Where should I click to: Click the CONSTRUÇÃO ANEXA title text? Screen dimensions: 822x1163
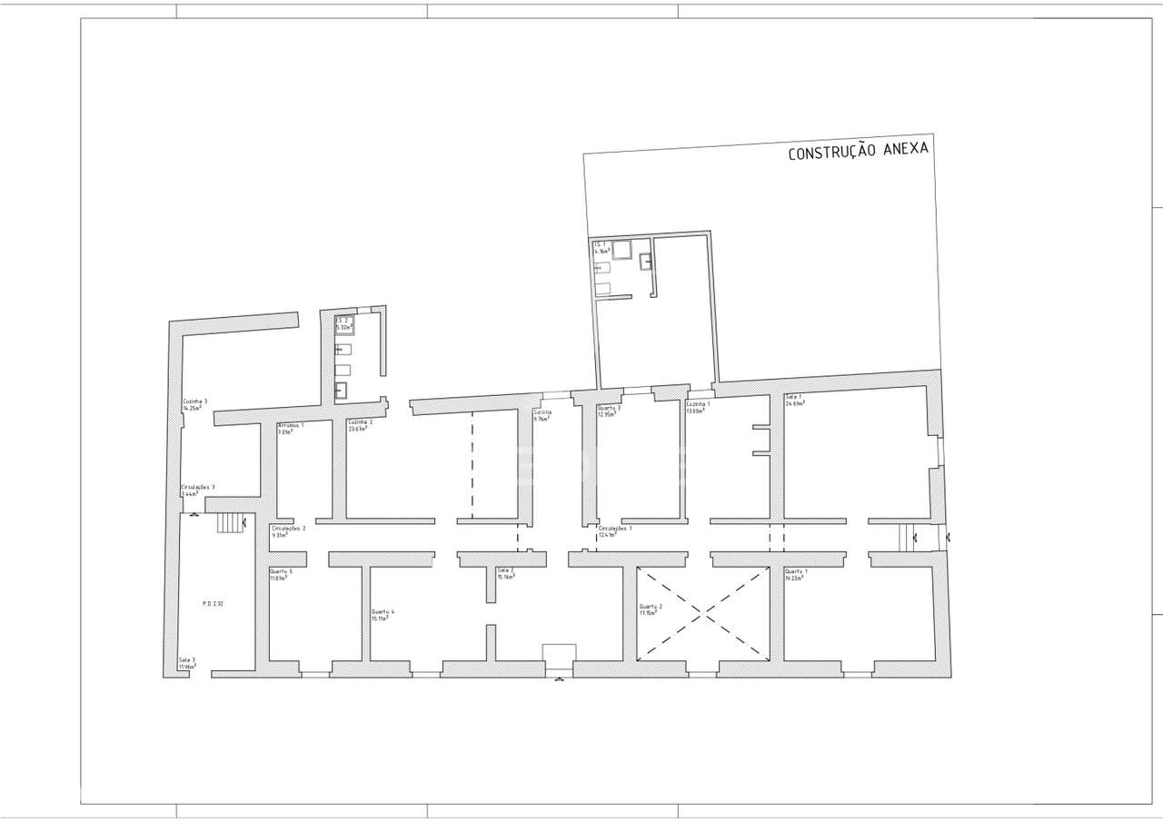tap(858, 151)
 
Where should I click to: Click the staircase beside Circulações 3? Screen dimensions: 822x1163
tap(231, 523)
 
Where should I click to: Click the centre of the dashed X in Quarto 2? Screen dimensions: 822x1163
tap(702, 613)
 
